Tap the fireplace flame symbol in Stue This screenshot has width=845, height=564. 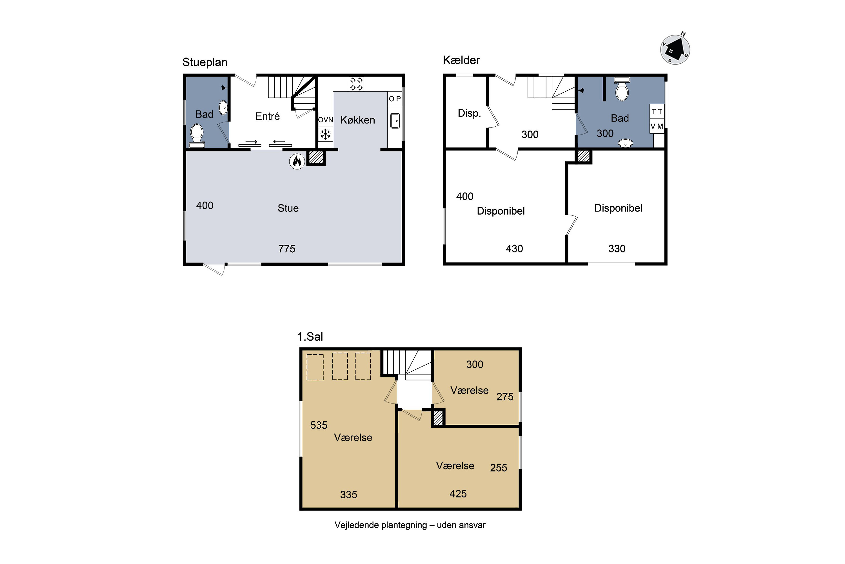297,162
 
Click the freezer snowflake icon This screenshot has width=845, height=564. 326,134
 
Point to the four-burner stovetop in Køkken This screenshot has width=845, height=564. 356,84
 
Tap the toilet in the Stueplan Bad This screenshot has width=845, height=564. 197,136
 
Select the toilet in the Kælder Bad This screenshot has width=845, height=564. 622,89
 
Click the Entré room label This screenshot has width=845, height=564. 267,116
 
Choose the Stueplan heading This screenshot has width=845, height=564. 205,62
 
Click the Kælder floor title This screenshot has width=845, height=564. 461,60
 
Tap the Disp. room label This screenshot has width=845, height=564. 469,113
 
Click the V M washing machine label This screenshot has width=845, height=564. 657,126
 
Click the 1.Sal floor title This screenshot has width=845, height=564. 310,337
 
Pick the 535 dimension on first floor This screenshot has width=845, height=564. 319,425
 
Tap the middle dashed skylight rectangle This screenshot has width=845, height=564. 340,367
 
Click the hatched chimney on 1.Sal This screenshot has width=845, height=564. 438,418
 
